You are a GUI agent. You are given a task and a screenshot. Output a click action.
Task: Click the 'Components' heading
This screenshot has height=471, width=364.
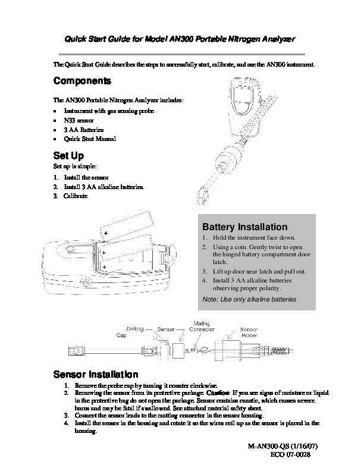[x=82, y=81]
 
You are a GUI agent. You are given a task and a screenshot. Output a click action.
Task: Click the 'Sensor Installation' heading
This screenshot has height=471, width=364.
[x=96, y=375]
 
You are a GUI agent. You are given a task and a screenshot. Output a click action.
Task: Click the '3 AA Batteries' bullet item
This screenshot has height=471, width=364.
[x=84, y=130]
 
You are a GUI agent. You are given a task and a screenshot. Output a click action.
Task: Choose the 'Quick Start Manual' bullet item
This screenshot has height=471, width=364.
[x=90, y=139]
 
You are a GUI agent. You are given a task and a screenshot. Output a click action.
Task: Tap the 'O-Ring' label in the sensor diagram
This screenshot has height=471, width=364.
[x=134, y=328]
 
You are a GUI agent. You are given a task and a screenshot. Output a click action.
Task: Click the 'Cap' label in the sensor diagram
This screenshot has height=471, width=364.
[x=121, y=335]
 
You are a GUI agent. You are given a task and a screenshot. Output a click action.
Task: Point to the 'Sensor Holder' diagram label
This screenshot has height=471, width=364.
[x=249, y=332]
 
